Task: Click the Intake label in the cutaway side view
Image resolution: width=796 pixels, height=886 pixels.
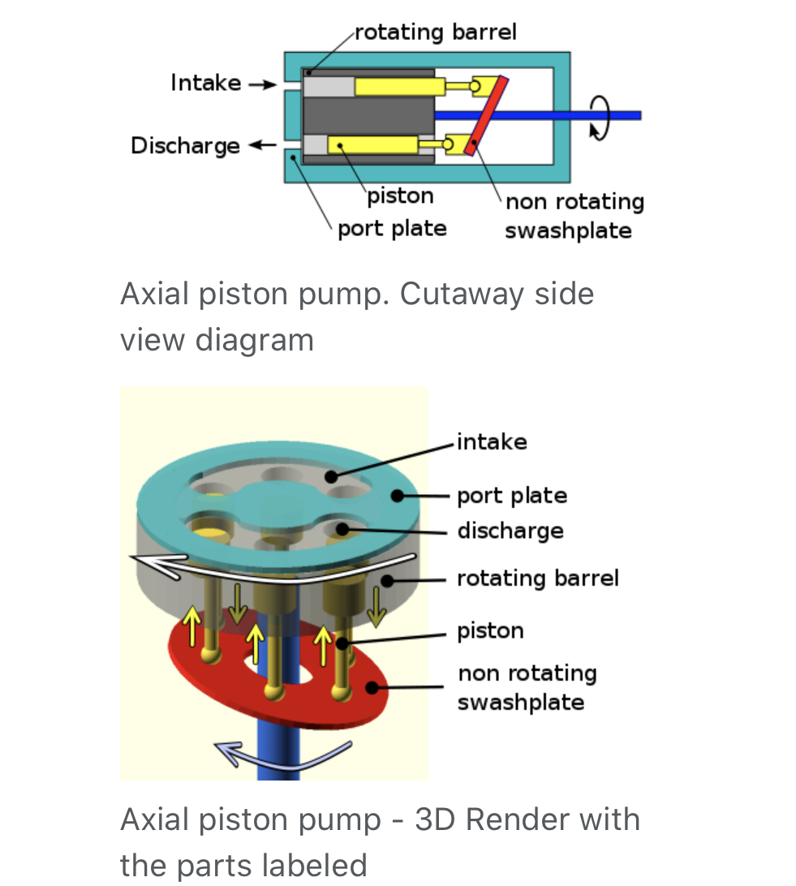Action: [x=205, y=83]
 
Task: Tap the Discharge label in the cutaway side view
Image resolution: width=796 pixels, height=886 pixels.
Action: [x=185, y=146]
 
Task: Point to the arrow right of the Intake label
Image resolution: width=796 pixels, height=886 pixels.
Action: [x=262, y=84]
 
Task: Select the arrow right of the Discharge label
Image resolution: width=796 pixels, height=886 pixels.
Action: [x=261, y=146]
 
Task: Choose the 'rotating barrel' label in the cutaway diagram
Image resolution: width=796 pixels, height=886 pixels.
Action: [x=435, y=32]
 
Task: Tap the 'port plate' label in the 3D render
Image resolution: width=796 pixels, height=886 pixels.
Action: [x=511, y=495]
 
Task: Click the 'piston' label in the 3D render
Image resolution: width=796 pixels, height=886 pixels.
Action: [x=490, y=630]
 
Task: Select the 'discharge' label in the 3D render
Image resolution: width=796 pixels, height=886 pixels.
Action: [x=510, y=531]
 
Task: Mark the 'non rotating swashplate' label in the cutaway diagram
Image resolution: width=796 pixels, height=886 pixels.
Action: [x=573, y=216]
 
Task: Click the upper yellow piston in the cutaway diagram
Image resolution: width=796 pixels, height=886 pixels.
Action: [x=398, y=86]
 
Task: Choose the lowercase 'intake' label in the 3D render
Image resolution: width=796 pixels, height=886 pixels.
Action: [x=492, y=441]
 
